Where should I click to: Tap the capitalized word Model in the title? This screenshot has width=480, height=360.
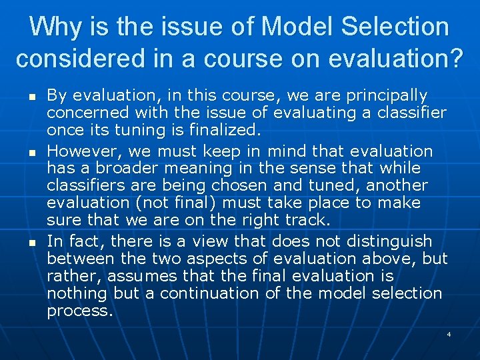288,27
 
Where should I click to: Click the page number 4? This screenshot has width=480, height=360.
449,333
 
